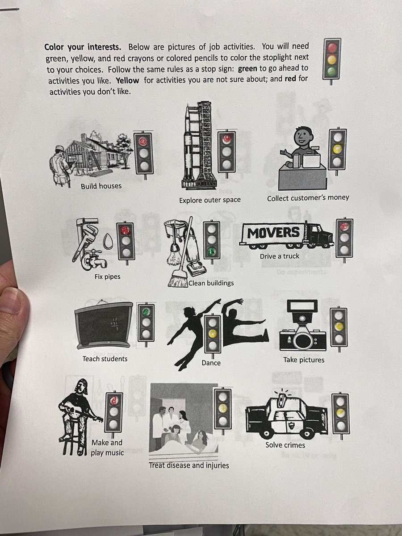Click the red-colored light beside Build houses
[143, 141]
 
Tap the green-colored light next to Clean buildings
[212, 251]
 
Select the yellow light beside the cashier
[337, 149]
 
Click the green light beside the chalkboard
[146, 311]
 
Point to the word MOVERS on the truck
[273, 232]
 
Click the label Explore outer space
[210, 200]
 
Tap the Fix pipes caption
[107, 276]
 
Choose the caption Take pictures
[304, 360]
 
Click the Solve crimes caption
[285, 445]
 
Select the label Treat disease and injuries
[189, 465]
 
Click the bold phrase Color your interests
[83, 47]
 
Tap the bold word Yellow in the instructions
[127, 80]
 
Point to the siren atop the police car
[282, 398]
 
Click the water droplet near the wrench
[108, 241]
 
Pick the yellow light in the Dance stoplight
[212, 333]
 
